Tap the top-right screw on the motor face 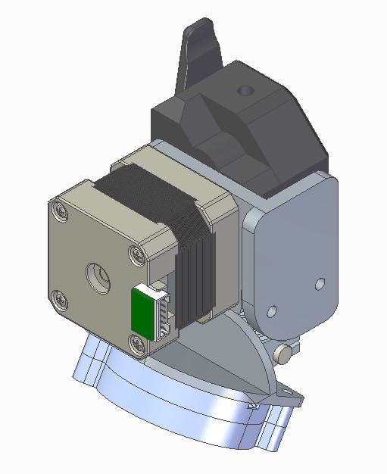[x=136, y=254]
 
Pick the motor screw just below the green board [x=136, y=345]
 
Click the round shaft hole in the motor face [x=98, y=276]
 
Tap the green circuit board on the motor [x=142, y=311]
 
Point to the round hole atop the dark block [x=244, y=90]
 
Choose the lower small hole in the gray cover [x=271, y=311]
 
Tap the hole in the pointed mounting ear [x=289, y=391]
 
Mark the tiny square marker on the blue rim [x=253, y=407]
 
